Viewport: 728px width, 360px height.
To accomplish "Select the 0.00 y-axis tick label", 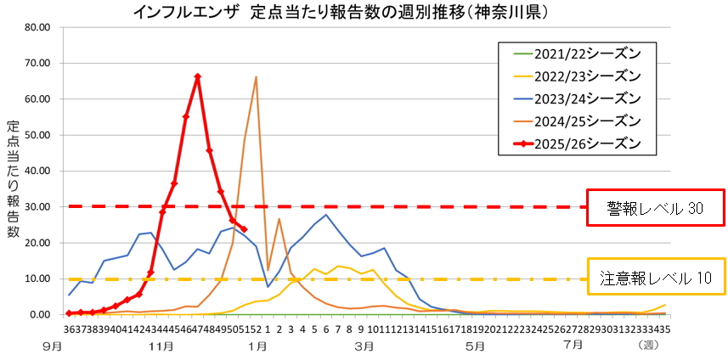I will (x=42, y=314).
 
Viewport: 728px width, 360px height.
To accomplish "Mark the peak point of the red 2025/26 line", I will (x=197, y=76).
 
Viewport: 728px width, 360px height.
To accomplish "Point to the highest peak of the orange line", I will (x=256, y=76).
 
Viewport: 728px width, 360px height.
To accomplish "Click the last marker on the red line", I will (x=244, y=229).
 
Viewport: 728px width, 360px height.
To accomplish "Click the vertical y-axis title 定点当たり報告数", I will (x=13, y=179).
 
